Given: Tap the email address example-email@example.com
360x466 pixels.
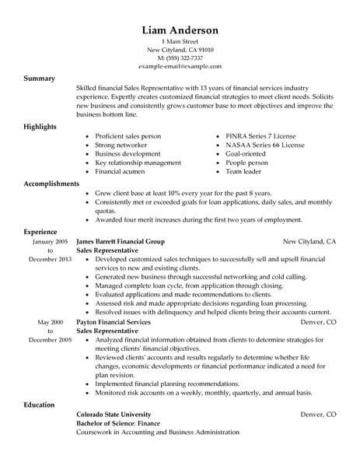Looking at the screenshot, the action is (x=180, y=68).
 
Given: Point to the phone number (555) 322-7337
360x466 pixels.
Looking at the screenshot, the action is (x=180, y=59).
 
